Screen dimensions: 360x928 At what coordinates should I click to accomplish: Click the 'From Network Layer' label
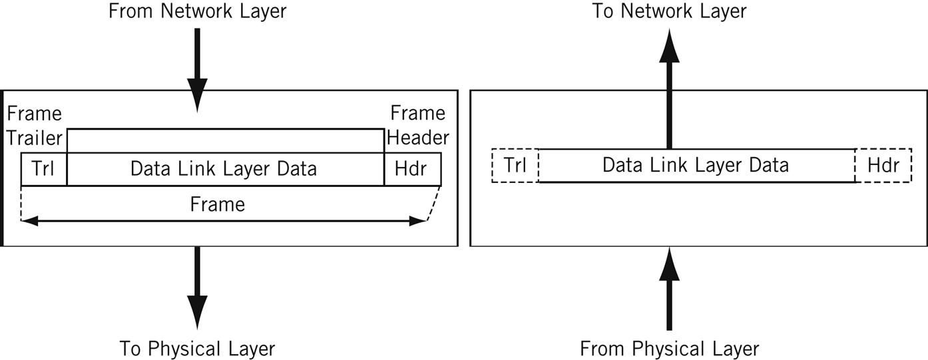click(x=197, y=11)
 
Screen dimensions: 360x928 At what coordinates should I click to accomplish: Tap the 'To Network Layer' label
click(x=669, y=11)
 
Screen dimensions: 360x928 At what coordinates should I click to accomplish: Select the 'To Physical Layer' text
click(x=197, y=348)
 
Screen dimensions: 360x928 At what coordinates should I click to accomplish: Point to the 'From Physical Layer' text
click(x=669, y=348)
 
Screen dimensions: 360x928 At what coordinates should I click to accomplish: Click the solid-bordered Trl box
click(x=44, y=168)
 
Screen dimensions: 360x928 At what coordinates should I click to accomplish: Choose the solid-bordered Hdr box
click(x=411, y=168)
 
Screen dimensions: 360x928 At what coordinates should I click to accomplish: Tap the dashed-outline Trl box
click(x=515, y=165)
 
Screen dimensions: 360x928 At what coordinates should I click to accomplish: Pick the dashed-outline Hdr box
click(x=883, y=165)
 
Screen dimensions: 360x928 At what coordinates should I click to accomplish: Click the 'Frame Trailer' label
click(x=34, y=125)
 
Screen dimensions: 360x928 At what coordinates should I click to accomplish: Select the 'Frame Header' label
click(x=418, y=125)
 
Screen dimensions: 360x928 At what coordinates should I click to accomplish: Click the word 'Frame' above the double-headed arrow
click(x=217, y=204)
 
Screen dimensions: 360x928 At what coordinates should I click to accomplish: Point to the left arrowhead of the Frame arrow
click(x=28, y=221)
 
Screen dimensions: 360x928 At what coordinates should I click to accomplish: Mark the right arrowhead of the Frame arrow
click(x=419, y=221)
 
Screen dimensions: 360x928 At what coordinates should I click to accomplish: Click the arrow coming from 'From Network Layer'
click(x=197, y=67)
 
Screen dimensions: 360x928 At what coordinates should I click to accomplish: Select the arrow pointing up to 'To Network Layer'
click(x=669, y=93)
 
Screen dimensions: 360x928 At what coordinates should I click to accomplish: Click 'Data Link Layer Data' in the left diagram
click(x=224, y=168)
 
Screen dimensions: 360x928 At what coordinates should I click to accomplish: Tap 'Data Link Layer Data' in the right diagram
click(x=696, y=164)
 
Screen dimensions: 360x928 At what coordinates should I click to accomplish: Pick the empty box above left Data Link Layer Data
click(x=225, y=141)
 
